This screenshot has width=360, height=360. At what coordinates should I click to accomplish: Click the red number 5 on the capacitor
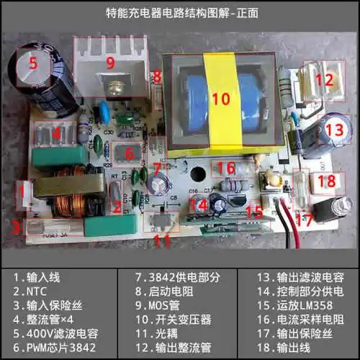coord(32,63)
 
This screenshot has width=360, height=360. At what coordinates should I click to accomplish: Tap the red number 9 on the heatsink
coord(110,63)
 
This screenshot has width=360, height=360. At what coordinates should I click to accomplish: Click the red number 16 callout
coord(225,168)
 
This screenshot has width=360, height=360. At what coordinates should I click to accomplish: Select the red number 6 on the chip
coord(130,153)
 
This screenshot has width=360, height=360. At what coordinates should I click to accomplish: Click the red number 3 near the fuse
coord(14,229)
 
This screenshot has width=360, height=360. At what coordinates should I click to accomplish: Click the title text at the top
coord(180,13)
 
